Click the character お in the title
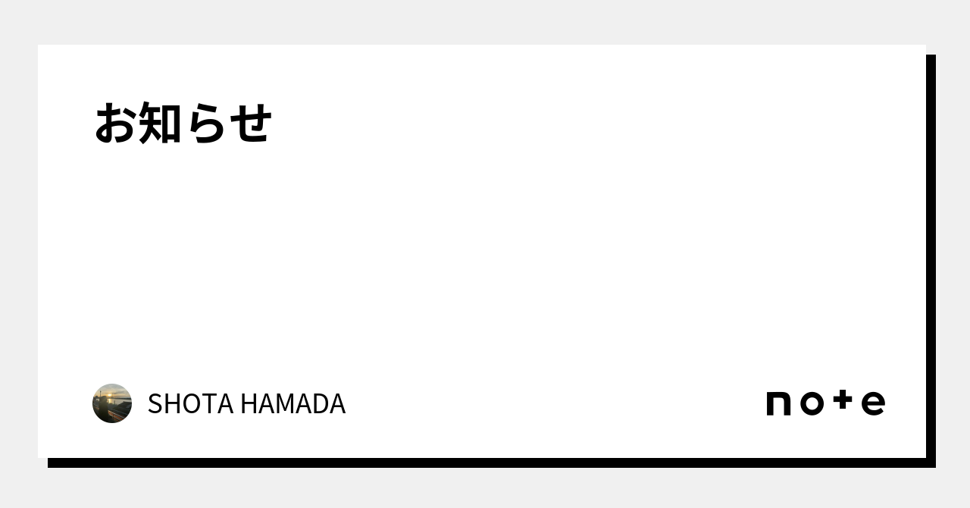point(114,123)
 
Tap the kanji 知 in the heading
point(159,122)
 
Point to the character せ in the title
point(250,124)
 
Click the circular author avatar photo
point(112,403)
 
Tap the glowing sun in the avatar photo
point(110,395)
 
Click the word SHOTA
point(190,403)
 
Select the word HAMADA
point(293,403)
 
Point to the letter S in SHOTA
point(155,403)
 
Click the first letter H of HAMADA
point(249,403)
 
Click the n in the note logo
point(778,403)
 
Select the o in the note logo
point(812,403)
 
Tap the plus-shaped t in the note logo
point(843,400)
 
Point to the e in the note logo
point(873,403)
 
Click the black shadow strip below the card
point(492,463)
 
